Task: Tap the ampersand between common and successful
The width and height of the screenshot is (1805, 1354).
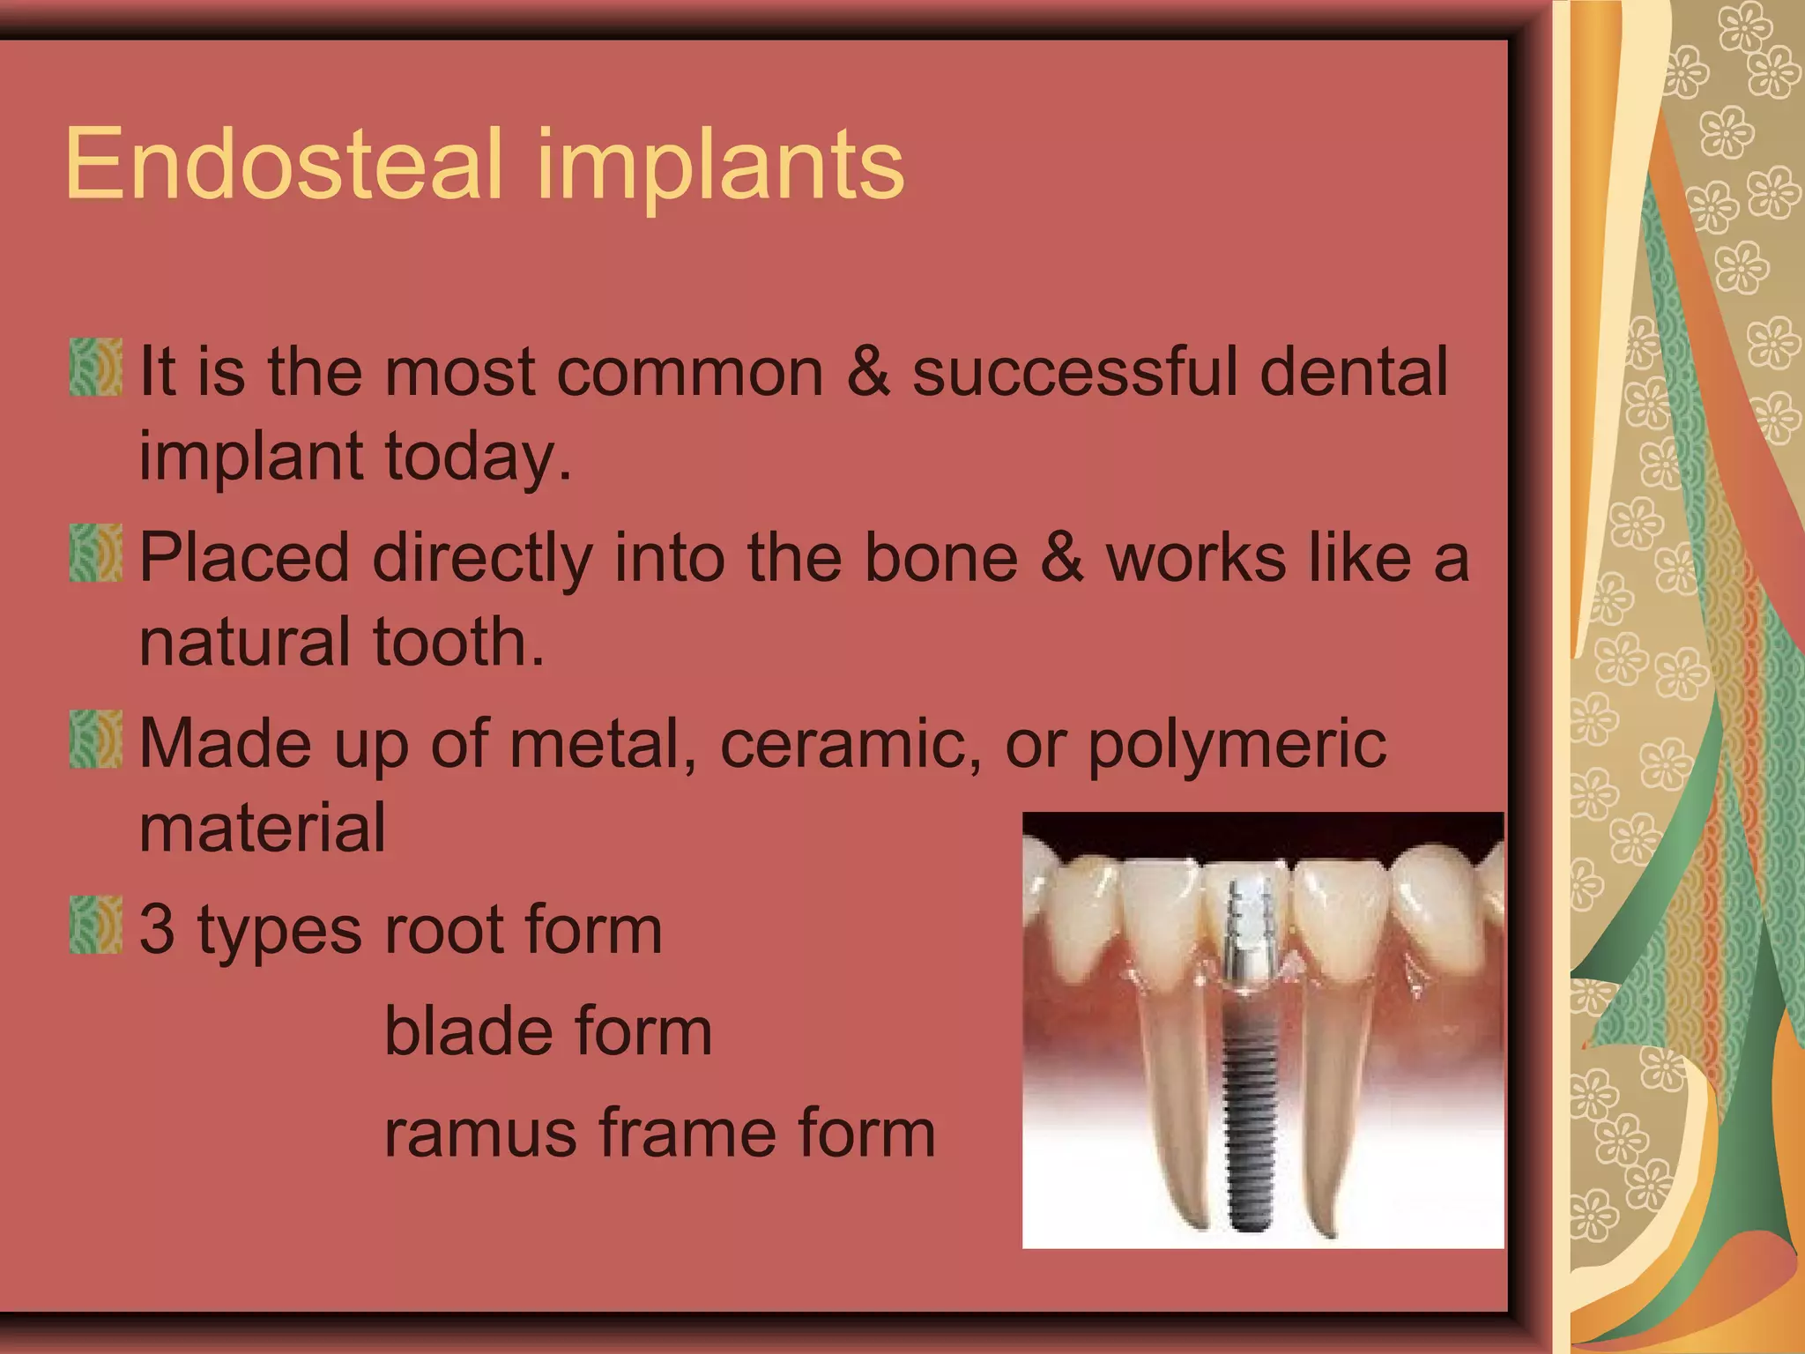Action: coord(868,371)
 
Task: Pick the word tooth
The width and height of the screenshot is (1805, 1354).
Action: coord(457,642)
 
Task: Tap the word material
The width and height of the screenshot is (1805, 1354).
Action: coord(263,828)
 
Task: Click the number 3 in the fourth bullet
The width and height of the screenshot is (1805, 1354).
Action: coord(158,929)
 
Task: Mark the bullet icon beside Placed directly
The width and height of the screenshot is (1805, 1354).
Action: coord(95,554)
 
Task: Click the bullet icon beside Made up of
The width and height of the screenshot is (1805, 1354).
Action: coord(95,740)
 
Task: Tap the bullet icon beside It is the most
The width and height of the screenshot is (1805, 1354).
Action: coord(95,367)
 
